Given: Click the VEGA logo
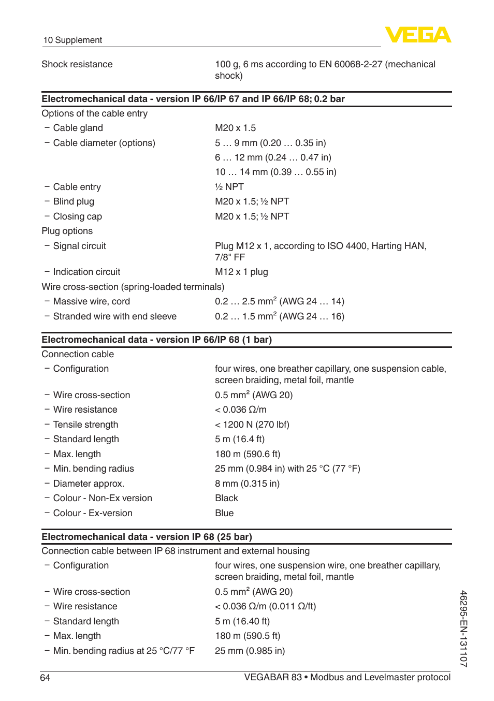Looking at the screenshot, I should [418, 35].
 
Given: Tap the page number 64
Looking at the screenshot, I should [45, 678].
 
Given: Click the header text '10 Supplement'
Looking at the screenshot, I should [72, 40].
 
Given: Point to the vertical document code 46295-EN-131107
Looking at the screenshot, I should [463, 628].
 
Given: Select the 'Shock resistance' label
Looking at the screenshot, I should [77, 64].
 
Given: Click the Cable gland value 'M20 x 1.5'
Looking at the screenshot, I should [235, 128].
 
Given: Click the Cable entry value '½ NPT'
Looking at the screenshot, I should [229, 187].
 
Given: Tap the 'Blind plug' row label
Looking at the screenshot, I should [74, 201].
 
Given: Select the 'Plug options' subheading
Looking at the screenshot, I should [67, 231].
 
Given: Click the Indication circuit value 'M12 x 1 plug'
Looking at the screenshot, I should [241, 272].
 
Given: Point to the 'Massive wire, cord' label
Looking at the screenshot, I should [91, 301].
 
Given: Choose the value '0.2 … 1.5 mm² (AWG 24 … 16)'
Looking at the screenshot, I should [280, 316].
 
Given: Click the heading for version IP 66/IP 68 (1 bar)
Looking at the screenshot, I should [156, 340].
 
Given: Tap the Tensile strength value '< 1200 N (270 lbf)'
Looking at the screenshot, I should [252, 425].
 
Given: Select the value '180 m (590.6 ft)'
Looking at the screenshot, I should [248, 454].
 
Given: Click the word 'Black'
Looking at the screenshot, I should [226, 498].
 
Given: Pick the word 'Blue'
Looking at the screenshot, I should [224, 513].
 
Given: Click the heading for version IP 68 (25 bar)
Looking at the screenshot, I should [147, 537].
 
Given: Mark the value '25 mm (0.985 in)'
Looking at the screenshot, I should [250, 651].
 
